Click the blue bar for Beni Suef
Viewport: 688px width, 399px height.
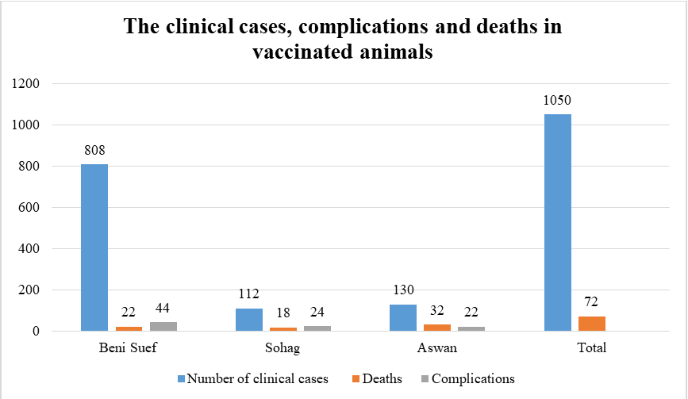point(94,247)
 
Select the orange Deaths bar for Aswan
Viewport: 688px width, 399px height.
point(437,327)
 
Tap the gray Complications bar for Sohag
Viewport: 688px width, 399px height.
point(317,328)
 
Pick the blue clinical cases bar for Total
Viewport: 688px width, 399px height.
point(558,223)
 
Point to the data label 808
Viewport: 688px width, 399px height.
point(94,149)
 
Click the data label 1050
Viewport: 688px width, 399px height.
point(558,100)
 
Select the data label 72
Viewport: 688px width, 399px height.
point(591,302)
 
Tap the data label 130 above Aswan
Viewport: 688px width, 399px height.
point(403,290)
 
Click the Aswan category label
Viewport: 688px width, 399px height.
point(437,348)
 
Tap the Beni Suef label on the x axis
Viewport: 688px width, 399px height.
point(128,348)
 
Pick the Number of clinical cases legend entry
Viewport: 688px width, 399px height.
point(256,379)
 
